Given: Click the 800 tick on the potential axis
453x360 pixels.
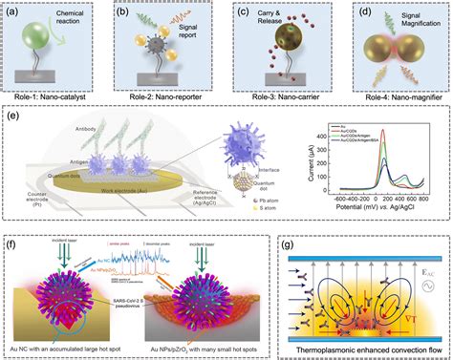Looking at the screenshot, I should click(x=425, y=206).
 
